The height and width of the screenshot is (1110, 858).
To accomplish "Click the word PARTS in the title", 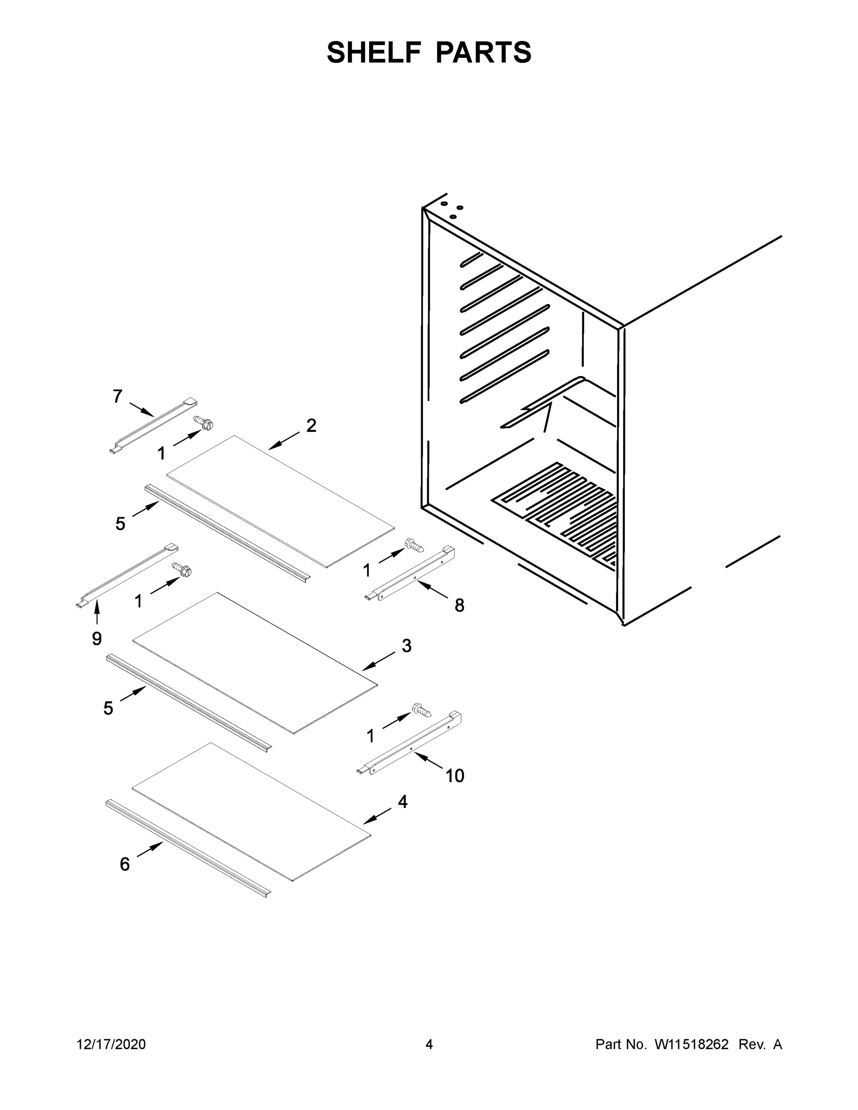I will tap(483, 52).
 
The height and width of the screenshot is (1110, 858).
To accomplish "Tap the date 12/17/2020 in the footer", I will tap(111, 1044).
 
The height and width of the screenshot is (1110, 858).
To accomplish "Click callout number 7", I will tap(117, 396).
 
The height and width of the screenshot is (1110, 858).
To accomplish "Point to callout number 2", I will tap(311, 425).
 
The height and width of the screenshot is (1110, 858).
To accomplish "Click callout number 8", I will tap(459, 605).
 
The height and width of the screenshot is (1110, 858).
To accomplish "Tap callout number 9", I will tap(97, 638).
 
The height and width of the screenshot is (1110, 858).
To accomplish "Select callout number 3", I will tap(406, 646).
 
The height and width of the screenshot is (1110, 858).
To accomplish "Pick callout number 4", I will tap(402, 802).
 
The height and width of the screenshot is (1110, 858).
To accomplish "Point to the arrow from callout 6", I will tap(150, 849).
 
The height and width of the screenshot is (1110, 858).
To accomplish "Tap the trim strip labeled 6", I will tap(188, 847).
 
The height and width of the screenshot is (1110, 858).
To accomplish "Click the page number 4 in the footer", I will tap(429, 1044).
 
